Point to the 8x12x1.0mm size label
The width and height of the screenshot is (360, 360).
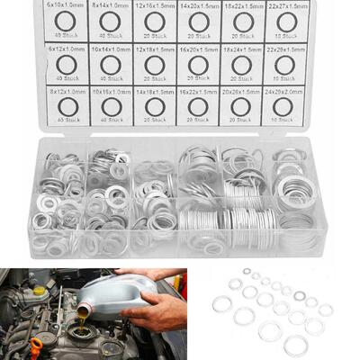68,92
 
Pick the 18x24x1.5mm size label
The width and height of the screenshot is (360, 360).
241,49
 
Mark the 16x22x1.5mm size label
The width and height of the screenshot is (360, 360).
198,92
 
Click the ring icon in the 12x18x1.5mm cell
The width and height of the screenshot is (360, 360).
155,64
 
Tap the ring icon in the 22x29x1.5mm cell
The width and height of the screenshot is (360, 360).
284,64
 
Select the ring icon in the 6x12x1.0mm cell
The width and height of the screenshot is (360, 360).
68,64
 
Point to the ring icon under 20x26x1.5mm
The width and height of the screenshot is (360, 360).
241,107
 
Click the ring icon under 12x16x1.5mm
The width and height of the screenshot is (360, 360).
155,21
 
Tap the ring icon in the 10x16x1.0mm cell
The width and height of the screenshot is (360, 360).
112,107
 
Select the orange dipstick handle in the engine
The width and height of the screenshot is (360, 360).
35,347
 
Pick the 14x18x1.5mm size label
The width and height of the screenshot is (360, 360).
155,92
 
